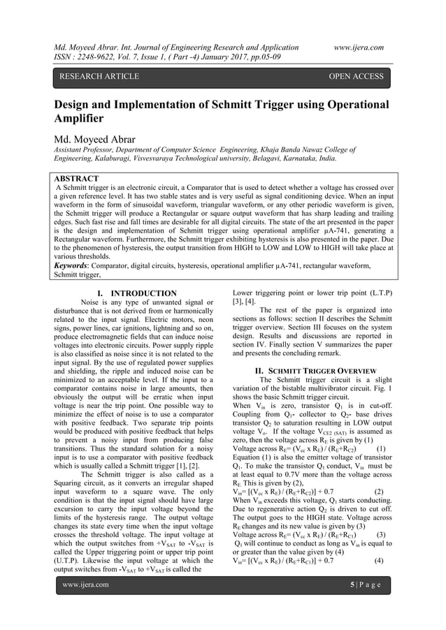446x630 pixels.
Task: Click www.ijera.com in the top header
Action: coord(359,47)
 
